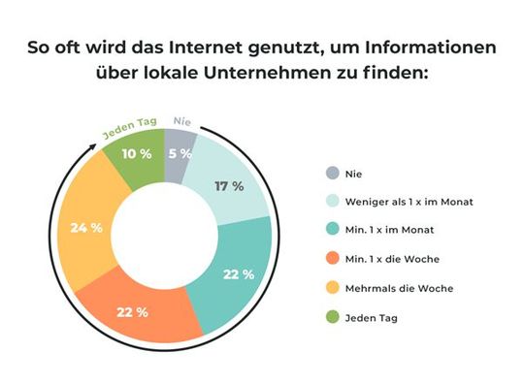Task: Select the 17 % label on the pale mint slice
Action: (228, 187)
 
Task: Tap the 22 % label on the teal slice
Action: (238, 274)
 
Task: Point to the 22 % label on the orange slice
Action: (131, 311)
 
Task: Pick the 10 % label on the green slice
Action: (136, 154)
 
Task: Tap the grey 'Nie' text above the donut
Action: (181, 121)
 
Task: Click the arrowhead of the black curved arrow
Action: (95, 146)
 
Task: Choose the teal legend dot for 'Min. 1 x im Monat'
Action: (331, 231)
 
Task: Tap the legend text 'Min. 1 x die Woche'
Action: (388, 260)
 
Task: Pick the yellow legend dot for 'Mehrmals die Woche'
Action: (331, 288)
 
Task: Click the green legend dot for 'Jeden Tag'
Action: (331, 317)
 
